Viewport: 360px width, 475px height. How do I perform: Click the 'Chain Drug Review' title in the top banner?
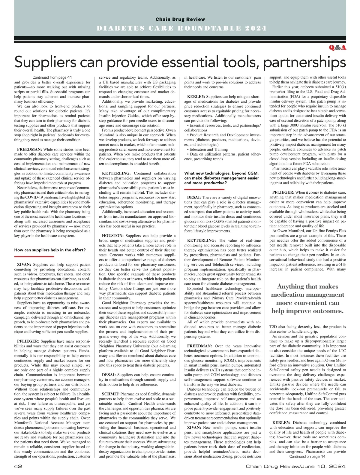pos(180,20)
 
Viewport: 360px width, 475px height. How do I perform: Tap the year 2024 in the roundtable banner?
pos(255,29)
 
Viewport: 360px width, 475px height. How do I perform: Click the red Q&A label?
pos(337,48)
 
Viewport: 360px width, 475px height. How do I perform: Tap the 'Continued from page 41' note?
pos(52,77)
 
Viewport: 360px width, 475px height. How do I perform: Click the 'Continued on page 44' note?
pos(307,456)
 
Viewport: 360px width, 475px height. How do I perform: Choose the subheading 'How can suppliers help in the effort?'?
pos(50,250)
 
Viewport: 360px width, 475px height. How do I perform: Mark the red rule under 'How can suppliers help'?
pos(34,256)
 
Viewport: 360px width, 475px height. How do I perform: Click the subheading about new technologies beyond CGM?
pos(221,178)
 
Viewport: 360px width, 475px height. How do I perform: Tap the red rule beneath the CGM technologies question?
pos(204,189)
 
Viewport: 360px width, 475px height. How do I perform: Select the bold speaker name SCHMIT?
pos(111,394)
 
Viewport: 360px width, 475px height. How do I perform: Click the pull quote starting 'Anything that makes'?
pos(307,298)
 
